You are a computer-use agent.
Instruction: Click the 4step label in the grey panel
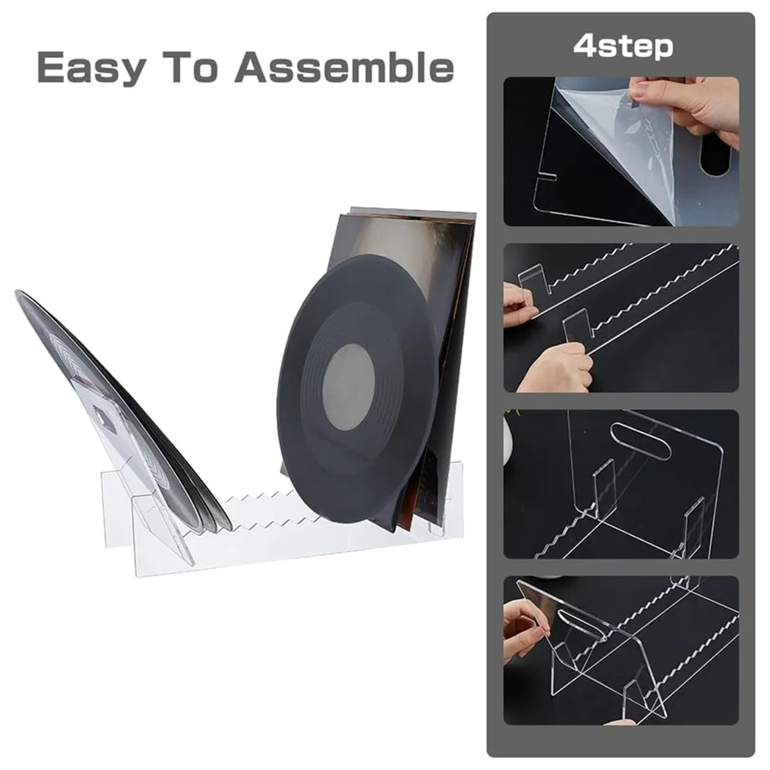(x=622, y=46)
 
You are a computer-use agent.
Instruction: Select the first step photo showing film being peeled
(x=621, y=151)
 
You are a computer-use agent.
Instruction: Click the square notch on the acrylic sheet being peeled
(x=545, y=175)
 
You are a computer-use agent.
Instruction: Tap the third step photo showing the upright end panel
(x=621, y=484)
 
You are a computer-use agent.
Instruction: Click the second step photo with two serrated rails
(x=621, y=318)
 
